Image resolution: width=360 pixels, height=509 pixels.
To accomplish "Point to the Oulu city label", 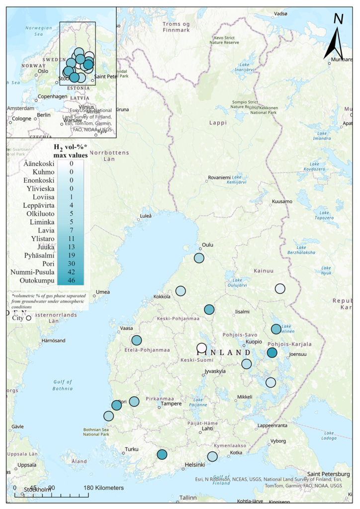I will coord(207,246).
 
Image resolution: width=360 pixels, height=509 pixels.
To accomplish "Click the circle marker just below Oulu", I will coord(199,258).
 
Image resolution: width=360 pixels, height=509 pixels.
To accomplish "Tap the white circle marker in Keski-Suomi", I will coord(201,347).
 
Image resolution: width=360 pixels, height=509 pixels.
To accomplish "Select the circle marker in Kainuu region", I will coord(280,289).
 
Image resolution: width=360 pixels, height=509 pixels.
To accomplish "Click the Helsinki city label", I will coord(195,465).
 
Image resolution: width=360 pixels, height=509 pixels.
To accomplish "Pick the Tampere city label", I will coord(172,404).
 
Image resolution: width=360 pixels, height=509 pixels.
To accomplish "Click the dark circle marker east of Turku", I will coord(162,454).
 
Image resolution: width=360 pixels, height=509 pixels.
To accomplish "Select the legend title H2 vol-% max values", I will coord(71,151).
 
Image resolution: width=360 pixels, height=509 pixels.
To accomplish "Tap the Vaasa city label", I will coord(127,329).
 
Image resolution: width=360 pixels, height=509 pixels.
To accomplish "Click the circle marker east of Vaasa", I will coord(136,340).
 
